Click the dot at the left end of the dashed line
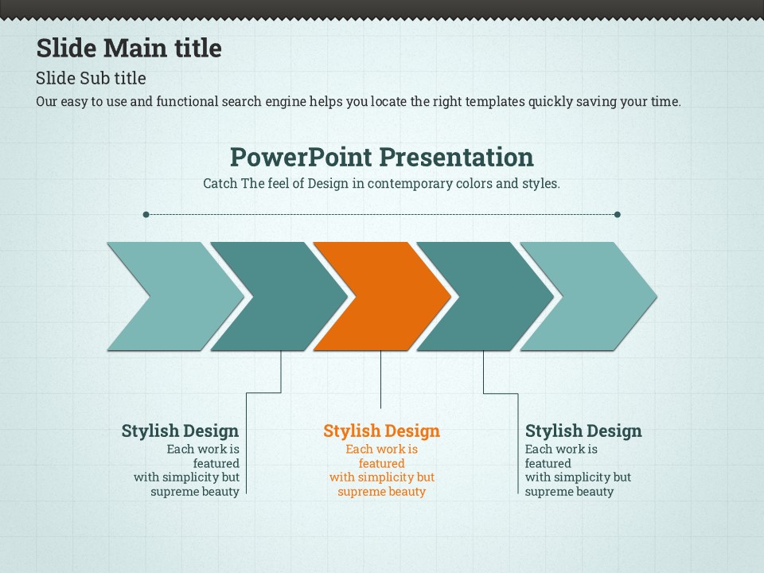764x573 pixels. point(146,214)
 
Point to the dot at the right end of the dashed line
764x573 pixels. point(618,214)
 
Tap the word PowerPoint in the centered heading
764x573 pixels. point(301,158)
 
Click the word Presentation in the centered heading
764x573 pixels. point(456,157)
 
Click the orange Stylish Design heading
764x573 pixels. point(381,431)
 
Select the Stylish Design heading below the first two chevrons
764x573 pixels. point(181,431)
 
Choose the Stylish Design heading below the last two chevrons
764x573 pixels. point(583,431)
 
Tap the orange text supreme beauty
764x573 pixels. point(381,492)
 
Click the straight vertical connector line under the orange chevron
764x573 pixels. point(380,380)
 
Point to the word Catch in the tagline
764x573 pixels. point(220,183)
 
